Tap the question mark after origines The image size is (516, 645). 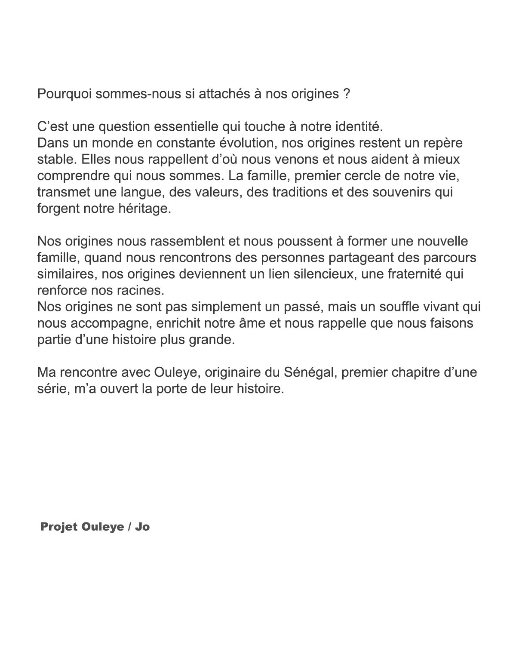pyautogui.click(x=347, y=94)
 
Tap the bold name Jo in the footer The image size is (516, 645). pyautogui.click(x=142, y=527)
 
